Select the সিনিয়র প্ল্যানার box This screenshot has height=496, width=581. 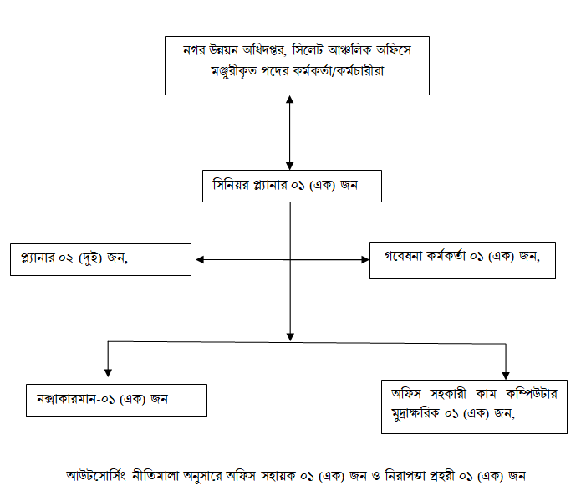[x=292, y=186]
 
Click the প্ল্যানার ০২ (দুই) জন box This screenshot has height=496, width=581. [x=101, y=260]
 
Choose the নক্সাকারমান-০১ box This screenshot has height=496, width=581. [x=116, y=400]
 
